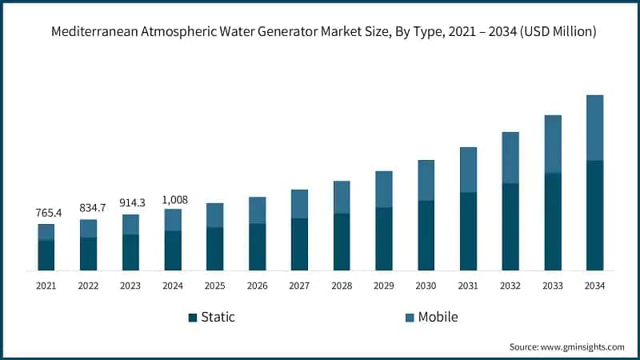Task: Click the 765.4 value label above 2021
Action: point(46,214)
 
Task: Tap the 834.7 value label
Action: point(88,208)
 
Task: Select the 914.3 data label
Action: point(130,203)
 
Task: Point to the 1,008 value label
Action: point(173,198)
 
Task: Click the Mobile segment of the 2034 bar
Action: point(594,127)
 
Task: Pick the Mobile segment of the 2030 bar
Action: point(426,180)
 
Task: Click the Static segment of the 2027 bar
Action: point(299,244)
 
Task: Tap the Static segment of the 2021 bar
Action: point(46,254)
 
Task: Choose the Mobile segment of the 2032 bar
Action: point(510,158)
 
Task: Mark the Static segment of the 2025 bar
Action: point(215,249)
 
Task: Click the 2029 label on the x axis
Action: point(383,286)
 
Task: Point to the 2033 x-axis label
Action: point(552,286)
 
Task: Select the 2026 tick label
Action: point(257,286)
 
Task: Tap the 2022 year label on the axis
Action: point(88,286)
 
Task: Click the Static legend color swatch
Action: point(193,318)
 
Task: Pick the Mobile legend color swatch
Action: point(410,318)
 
